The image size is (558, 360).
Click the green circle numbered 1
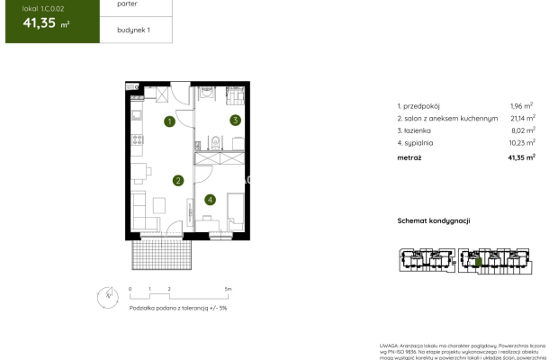[x=169, y=121]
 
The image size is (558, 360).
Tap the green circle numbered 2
[x=178, y=181]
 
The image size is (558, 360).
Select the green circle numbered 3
[x=234, y=120]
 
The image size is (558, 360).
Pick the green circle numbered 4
[x=210, y=199]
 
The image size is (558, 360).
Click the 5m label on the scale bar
[x=229, y=289]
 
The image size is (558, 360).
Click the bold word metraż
[x=409, y=157]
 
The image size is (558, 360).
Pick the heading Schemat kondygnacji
[x=435, y=220]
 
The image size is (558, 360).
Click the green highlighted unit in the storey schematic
[x=480, y=263]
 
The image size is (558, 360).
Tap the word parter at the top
[x=127, y=4]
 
